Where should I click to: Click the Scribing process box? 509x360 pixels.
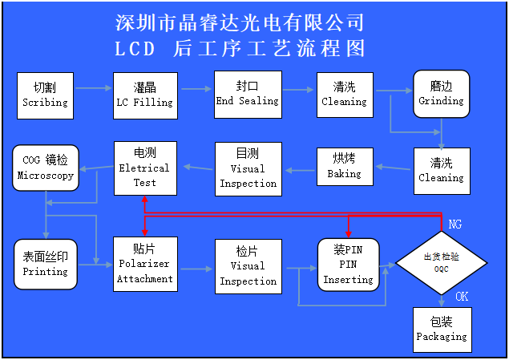[x=45, y=95]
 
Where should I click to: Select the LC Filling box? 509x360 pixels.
[x=145, y=95]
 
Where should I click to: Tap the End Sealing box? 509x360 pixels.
[x=248, y=95]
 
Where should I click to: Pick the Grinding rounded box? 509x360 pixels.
[x=442, y=94]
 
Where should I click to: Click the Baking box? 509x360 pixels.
[x=345, y=167]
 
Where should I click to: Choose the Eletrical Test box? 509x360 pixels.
[x=145, y=168]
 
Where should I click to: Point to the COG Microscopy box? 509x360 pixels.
[x=46, y=168]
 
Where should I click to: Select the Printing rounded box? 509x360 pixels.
[x=46, y=265]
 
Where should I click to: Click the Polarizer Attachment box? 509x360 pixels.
[x=145, y=265]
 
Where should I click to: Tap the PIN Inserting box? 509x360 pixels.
[x=349, y=265]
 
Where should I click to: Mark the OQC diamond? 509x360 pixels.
[x=442, y=263]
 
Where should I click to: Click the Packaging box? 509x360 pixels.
[x=442, y=330]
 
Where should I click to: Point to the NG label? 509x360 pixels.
[x=454, y=224]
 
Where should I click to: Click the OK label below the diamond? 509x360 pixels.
[x=462, y=297]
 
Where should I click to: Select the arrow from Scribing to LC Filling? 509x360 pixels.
[x=94, y=88]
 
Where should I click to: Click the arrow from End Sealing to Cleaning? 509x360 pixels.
[x=298, y=90]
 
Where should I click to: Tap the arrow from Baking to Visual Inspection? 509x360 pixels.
[x=300, y=171]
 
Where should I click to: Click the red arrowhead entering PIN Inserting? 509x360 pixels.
[x=349, y=234]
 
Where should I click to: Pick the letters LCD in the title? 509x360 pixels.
[x=135, y=49]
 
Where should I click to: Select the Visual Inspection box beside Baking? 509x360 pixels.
[x=248, y=169]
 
